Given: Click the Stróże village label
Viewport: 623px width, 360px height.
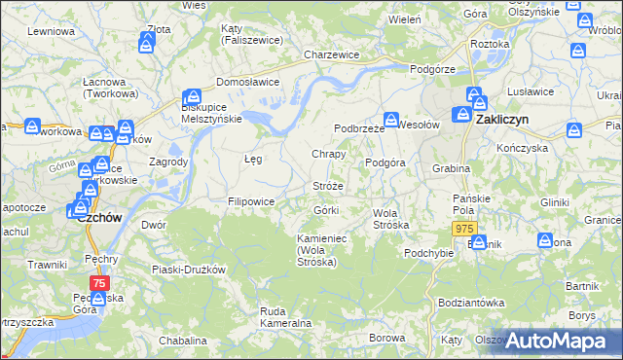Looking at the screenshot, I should coord(328,185).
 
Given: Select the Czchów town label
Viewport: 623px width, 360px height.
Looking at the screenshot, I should coord(98,218).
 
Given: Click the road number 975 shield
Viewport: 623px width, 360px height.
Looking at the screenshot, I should coord(464,228).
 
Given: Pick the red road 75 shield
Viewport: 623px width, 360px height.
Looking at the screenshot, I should coord(98,282).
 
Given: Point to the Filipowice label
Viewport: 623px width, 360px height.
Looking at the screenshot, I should coord(250,201).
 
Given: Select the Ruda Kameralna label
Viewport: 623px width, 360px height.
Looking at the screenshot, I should coord(285,316).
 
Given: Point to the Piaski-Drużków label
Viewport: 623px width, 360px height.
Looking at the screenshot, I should coord(189,269).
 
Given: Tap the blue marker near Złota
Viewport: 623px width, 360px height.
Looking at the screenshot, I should coord(147,42).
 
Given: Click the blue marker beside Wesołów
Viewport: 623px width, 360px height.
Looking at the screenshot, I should coord(389,121).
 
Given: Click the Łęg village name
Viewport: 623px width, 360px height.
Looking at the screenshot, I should coord(252,158).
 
